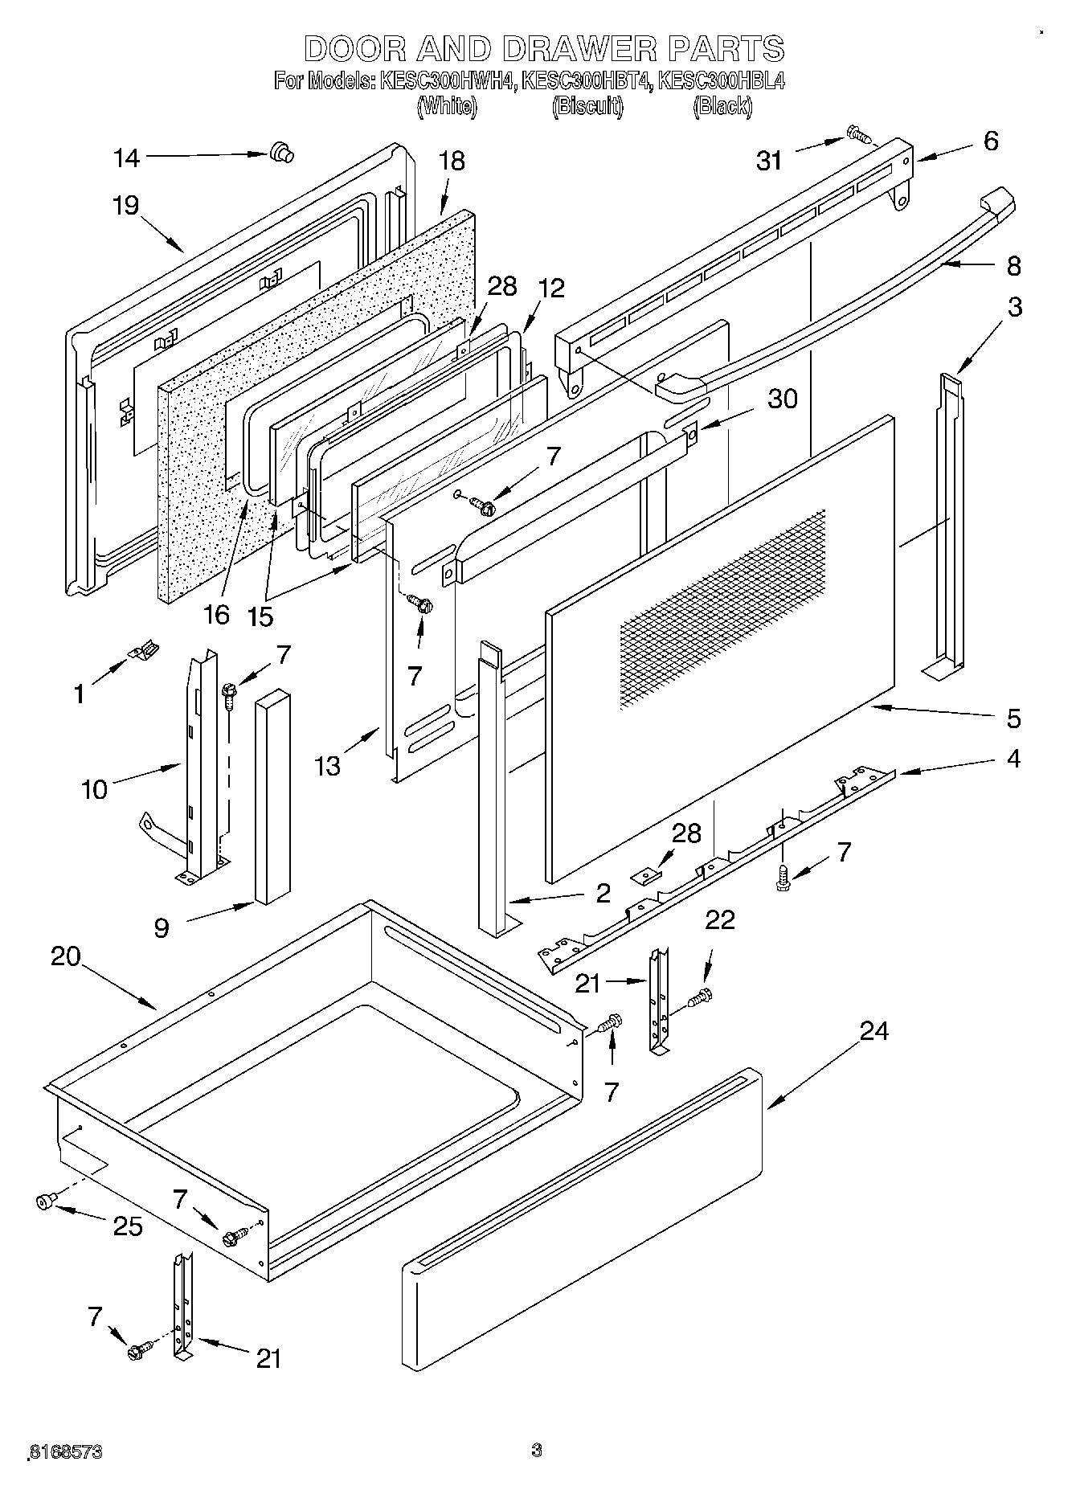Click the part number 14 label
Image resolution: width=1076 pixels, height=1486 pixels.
126,158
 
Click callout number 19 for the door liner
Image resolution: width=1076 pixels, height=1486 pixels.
125,206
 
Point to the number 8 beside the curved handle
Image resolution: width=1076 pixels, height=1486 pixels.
1013,265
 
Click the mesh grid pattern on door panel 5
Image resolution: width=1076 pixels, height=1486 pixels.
723,607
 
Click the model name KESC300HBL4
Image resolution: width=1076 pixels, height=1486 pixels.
721,81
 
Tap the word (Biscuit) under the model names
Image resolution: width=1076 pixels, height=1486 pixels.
587,106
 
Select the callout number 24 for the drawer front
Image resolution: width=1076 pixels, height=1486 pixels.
874,1031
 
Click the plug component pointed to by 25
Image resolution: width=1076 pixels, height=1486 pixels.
46,1201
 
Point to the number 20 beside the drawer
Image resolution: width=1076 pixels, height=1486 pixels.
66,956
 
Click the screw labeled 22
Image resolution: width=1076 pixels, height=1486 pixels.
700,998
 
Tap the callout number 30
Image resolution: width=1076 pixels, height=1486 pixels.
782,399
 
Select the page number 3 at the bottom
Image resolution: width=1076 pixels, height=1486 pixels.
536,1450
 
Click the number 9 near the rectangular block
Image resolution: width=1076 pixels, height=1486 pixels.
162,929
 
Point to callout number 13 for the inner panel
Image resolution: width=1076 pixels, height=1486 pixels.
328,766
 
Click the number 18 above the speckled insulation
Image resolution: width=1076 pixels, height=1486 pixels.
452,161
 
